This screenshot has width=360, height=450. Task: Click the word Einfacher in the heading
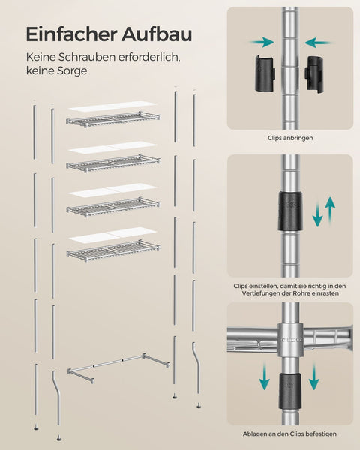pos(71,34)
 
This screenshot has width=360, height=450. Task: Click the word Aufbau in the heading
pos(157,34)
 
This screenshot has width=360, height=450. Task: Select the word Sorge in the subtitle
pos(72,70)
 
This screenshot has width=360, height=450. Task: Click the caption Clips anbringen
pos(290,138)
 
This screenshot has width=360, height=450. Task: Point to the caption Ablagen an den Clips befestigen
pos(289,433)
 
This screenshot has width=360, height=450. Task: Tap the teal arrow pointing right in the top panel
pos(261,43)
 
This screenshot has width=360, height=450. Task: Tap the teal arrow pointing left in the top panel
pos(319,43)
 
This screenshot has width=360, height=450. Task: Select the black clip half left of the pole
pos(265,74)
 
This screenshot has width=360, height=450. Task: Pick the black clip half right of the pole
pos(316,74)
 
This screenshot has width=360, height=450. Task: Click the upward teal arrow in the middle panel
pos(331,211)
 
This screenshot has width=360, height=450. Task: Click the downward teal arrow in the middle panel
pos(317,214)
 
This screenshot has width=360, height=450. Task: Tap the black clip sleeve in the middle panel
pos(290,211)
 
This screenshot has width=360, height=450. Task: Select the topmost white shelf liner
pos(112,106)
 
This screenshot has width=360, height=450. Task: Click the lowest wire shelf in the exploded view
pos(113,250)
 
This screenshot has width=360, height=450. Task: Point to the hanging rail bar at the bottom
pos(118,367)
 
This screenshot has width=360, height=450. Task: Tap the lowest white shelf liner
pos(112,233)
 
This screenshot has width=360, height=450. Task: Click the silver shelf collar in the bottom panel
pos(290,340)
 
